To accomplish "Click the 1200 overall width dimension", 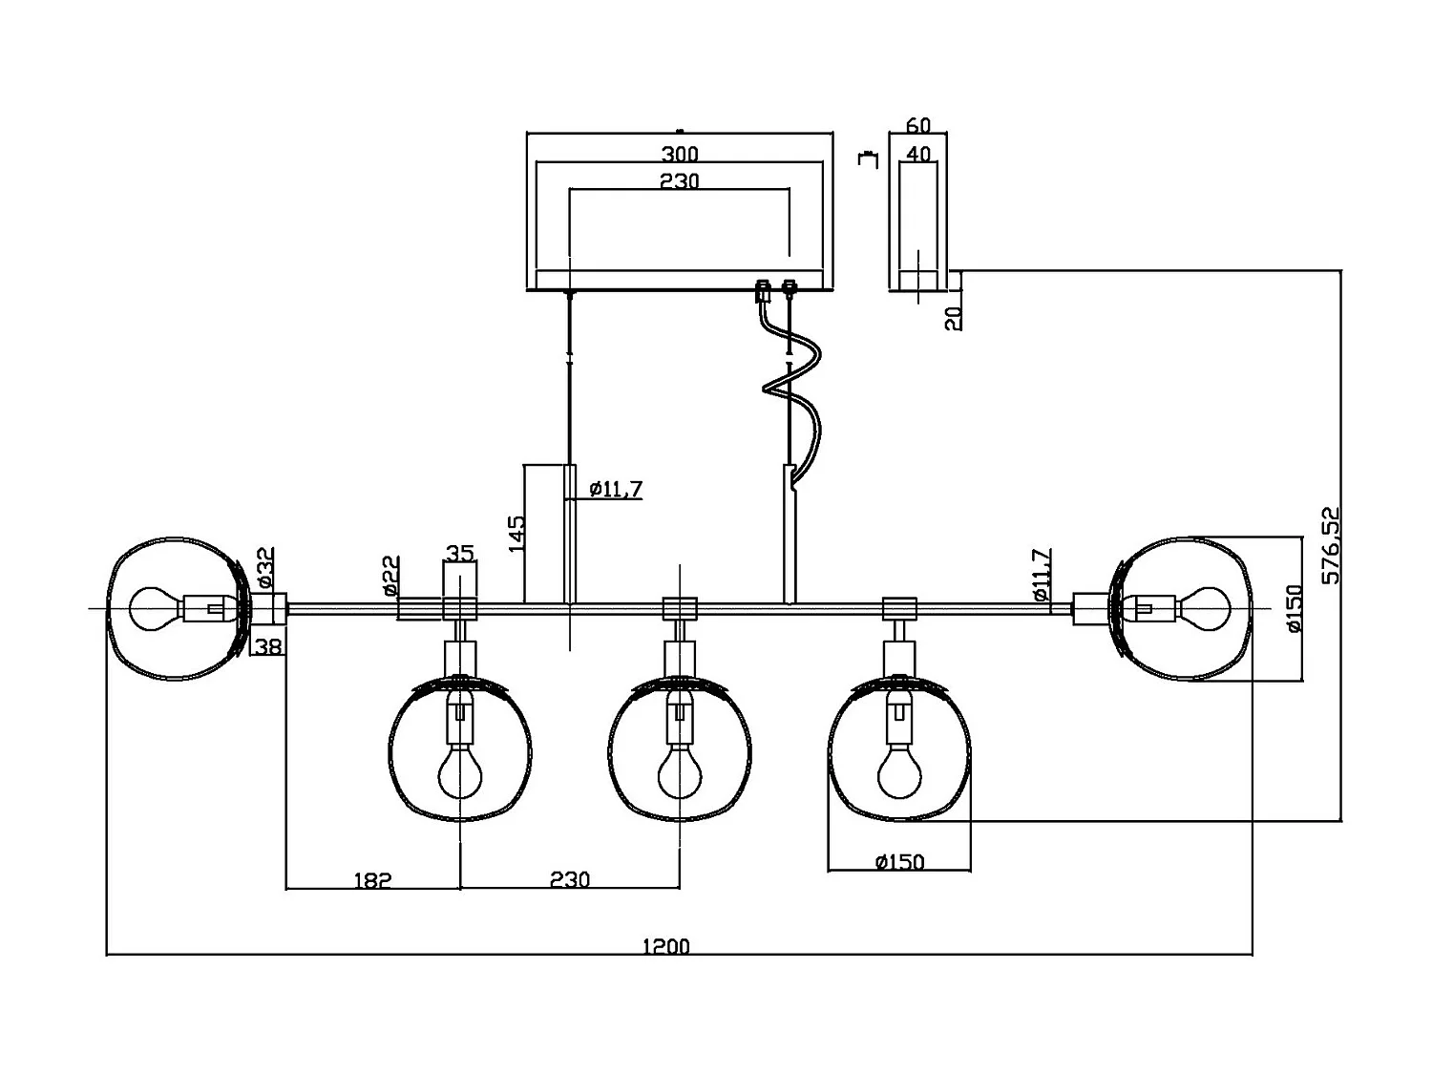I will click(665, 946).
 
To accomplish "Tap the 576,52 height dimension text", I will click(1331, 545).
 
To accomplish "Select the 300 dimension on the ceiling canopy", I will click(679, 154).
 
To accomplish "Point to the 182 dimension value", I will click(372, 880).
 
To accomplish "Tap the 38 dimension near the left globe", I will click(268, 647).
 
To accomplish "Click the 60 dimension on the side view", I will click(917, 126).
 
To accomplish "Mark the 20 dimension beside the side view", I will click(953, 318).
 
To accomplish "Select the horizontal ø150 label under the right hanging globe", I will click(899, 862).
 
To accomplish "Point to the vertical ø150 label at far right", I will click(1294, 609).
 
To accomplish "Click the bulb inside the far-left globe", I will click(153, 608).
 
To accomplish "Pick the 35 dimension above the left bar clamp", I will click(459, 553).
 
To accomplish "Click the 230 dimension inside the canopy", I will click(679, 180).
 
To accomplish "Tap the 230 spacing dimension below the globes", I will click(570, 879).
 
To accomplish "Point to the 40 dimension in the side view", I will click(917, 153).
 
